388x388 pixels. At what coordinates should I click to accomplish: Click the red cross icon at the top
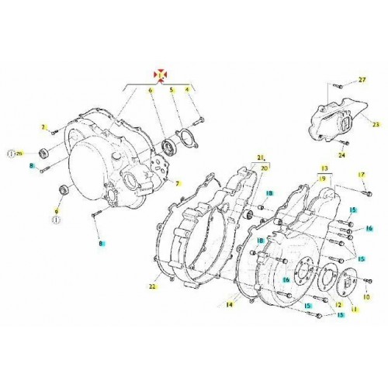[161, 74]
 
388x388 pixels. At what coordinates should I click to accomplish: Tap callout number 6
[141, 91]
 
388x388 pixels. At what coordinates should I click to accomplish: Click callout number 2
[45, 126]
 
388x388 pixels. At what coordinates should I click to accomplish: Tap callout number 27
[361, 81]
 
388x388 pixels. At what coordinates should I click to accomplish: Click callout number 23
[376, 124]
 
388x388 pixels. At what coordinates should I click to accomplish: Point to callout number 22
[152, 288]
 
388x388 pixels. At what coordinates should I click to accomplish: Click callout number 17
[361, 175]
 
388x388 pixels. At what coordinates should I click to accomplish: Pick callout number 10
[369, 296]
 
